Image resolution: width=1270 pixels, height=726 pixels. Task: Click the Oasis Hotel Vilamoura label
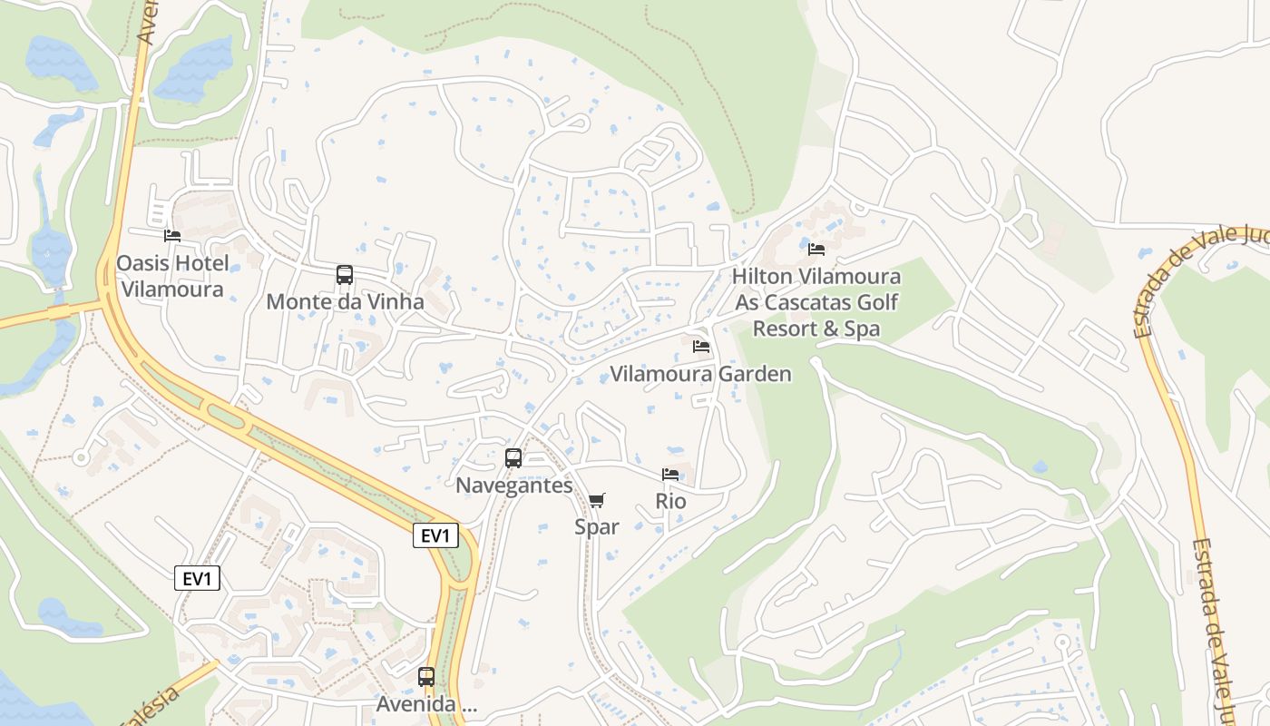click(x=171, y=277)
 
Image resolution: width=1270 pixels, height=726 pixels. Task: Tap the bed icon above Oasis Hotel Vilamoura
click(x=172, y=236)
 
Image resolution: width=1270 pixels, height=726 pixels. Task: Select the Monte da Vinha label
click(x=345, y=301)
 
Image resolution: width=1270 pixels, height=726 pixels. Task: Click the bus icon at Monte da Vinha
click(x=345, y=275)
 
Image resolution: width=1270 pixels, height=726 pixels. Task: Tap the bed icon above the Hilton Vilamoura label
click(x=816, y=249)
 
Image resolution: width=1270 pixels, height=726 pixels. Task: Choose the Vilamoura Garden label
click(x=700, y=374)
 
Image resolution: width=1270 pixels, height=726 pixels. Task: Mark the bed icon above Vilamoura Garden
click(x=700, y=347)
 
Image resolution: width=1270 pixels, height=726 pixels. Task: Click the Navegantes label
click(x=514, y=486)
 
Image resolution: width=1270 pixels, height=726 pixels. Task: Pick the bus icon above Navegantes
click(x=513, y=458)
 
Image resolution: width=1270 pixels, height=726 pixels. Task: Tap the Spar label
click(x=597, y=526)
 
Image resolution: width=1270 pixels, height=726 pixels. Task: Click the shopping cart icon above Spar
click(x=597, y=500)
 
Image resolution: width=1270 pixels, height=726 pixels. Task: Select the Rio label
click(x=670, y=501)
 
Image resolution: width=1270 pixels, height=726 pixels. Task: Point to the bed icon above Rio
click(x=670, y=475)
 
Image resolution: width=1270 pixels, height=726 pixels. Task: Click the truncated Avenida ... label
click(x=426, y=704)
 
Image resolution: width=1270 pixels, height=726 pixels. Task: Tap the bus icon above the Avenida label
click(x=426, y=677)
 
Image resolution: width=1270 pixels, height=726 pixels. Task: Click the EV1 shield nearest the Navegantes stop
click(x=435, y=535)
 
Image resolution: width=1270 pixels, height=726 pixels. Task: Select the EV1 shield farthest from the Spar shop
click(x=198, y=578)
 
